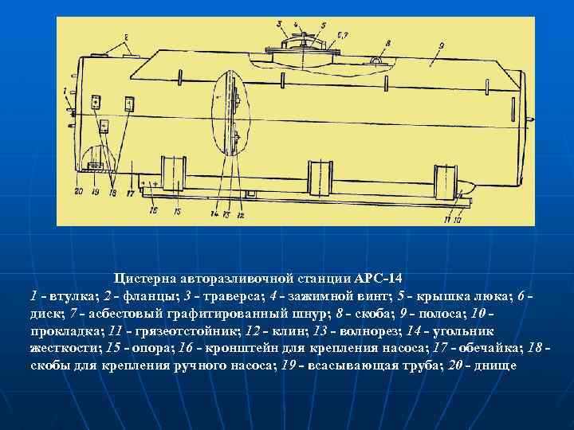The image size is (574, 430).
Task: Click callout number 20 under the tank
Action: point(78,192)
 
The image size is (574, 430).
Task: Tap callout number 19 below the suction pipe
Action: point(95,192)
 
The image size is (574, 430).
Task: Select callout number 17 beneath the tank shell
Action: point(130,193)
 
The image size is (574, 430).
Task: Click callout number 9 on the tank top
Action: point(439,46)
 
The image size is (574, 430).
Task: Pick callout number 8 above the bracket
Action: point(387,43)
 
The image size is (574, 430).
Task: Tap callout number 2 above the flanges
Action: point(126,37)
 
